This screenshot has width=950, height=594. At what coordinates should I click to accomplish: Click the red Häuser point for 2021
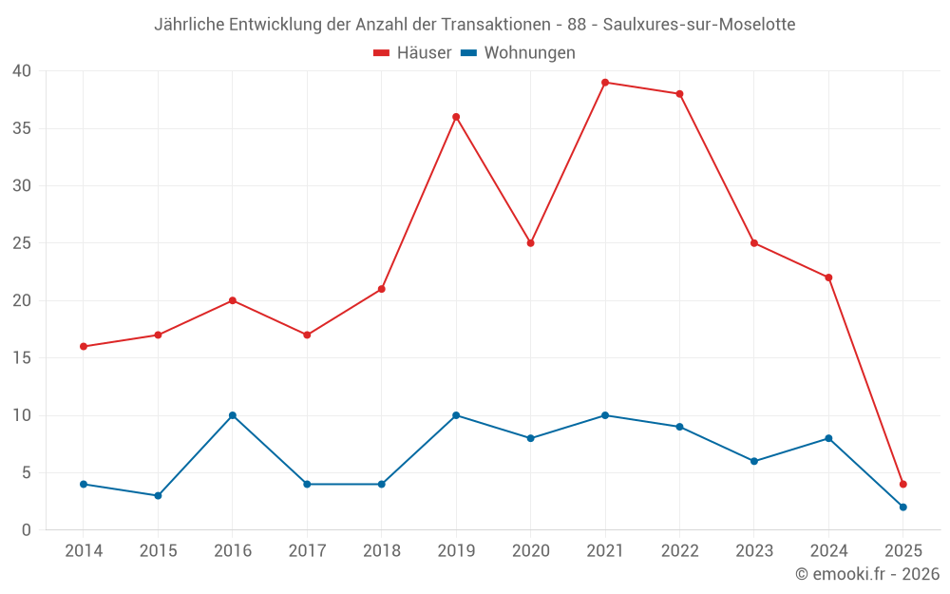[x=605, y=83]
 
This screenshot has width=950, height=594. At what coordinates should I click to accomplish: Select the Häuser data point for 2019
[x=456, y=117]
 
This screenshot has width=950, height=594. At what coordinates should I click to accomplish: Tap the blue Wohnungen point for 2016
[x=233, y=415]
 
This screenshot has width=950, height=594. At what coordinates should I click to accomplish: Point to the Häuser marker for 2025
[x=903, y=485]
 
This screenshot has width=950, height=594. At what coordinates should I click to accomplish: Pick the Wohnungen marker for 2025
[x=903, y=508]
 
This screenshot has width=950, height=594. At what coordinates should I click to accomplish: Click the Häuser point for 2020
[x=531, y=243]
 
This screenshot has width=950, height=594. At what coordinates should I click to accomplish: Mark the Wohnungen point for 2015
[x=158, y=496]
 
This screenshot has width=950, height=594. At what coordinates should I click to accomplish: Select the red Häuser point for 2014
[x=84, y=347]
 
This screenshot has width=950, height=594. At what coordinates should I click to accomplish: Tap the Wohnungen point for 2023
[x=754, y=462]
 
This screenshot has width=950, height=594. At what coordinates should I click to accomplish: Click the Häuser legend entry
[x=412, y=53]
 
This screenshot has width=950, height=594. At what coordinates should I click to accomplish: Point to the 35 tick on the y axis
[x=22, y=128]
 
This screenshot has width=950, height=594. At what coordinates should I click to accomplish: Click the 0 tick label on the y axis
[x=27, y=530]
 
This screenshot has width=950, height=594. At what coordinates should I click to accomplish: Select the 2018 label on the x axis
[x=381, y=551]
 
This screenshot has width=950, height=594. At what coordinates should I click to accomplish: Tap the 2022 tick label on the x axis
[x=679, y=551]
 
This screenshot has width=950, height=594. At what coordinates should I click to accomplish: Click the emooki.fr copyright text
[x=867, y=574]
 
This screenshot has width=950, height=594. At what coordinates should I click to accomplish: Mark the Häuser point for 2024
[x=828, y=278]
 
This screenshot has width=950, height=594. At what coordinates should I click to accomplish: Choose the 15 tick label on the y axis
[x=22, y=358]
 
